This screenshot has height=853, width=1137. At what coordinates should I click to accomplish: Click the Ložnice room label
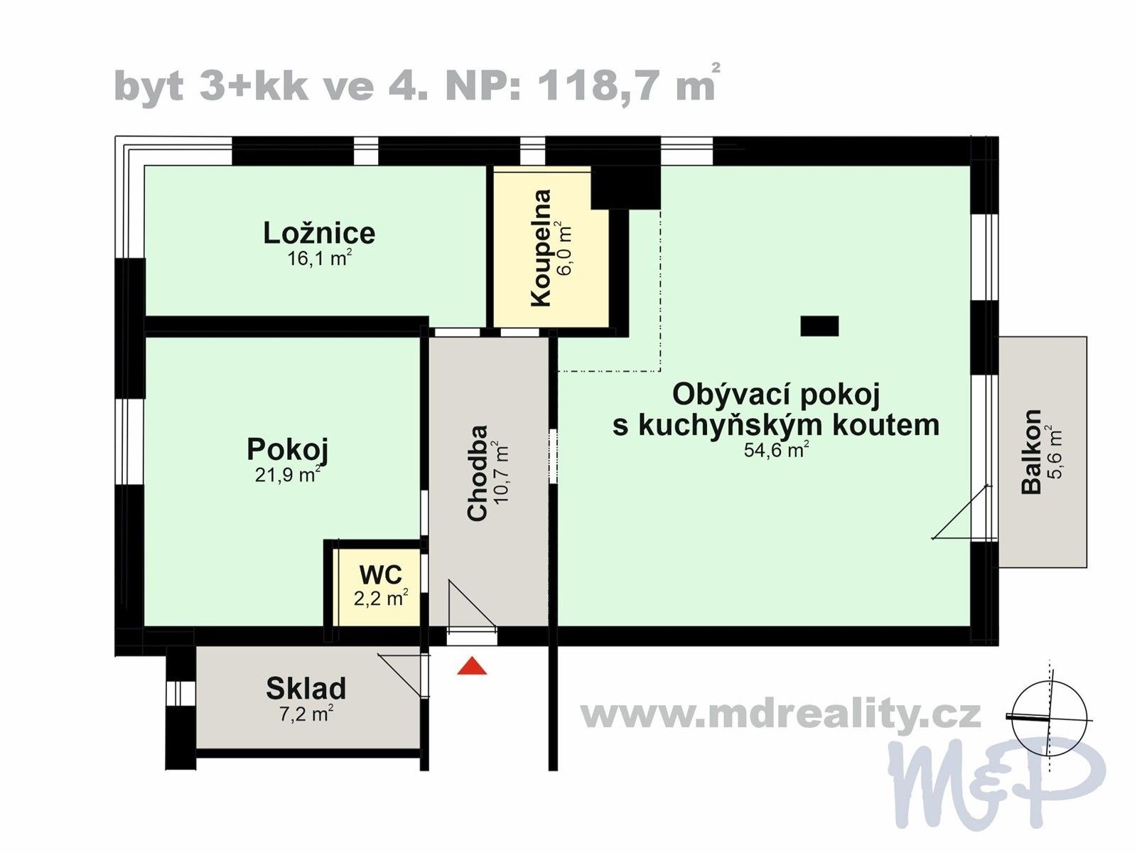click(319, 233)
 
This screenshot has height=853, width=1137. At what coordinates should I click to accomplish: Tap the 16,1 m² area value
click(319, 259)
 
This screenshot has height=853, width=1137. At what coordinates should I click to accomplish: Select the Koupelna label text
click(541, 247)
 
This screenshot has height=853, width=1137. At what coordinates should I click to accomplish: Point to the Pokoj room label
click(287, 449)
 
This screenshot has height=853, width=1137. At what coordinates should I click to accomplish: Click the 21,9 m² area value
click(287, 475)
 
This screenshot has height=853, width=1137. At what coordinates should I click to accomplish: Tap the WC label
click(380, 574)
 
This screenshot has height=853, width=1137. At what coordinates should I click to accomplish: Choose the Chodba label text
click(478, 473)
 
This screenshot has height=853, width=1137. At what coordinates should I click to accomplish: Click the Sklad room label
click(306, 688)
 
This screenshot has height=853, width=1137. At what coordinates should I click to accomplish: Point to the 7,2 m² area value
click(306, 713)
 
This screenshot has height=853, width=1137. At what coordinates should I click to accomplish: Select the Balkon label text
click(1031, 451)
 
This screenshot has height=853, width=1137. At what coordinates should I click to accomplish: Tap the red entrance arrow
click(472, 667)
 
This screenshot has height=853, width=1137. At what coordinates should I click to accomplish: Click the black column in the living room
click(819, 326)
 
